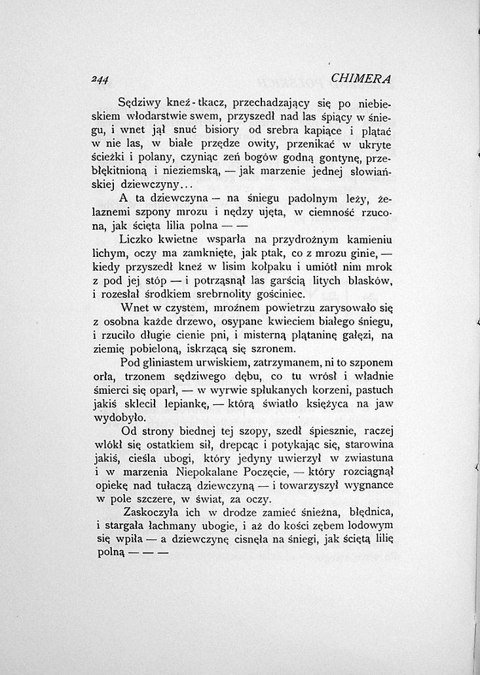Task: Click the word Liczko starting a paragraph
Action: pos(139,240)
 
